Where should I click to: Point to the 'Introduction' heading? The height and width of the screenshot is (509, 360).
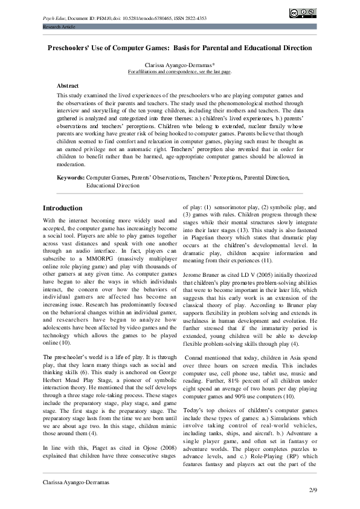[63, 208]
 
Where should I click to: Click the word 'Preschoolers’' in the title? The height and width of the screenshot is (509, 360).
[71, 48]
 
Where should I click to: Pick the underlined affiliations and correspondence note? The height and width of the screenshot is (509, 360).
[179, 71]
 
